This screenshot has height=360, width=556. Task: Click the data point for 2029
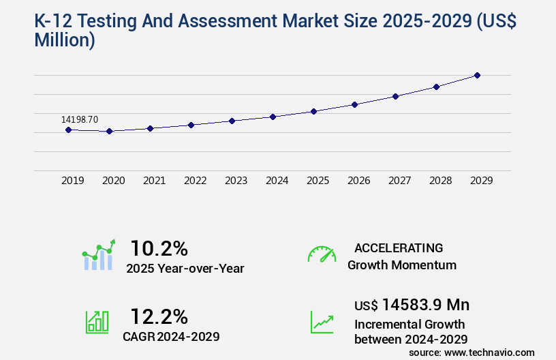477,75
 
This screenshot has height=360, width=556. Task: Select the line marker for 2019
68,130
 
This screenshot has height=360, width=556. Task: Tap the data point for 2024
273,117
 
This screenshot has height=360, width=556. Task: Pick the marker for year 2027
395,96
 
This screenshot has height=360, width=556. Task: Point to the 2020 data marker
109,131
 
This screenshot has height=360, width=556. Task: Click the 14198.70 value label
80,119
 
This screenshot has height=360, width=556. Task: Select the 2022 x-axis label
196,181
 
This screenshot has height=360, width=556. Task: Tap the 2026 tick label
359,181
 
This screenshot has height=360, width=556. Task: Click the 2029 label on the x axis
482,181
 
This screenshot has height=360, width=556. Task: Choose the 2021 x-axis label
155,181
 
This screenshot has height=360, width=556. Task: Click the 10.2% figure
159,247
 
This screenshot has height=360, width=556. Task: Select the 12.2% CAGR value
159,316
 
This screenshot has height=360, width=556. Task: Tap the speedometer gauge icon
322,254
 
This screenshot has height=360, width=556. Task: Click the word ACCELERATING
399,247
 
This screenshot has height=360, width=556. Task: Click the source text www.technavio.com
489,352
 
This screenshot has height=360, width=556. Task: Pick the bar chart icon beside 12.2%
97,322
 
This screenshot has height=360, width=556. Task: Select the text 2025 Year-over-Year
185,269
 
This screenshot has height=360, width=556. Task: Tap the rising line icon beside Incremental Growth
322,322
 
